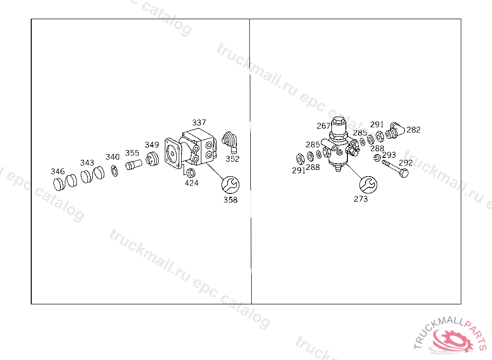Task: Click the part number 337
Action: (199, 122)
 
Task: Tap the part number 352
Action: (232, 159)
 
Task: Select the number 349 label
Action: (151, 144)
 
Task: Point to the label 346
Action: (58, 171)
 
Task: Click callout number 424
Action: (191, 183)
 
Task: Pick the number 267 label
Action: (323, 126)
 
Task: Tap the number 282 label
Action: (413, 130)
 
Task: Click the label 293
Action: (389, 155)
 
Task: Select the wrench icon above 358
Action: (230, 185)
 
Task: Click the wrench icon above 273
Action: (368, 185)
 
